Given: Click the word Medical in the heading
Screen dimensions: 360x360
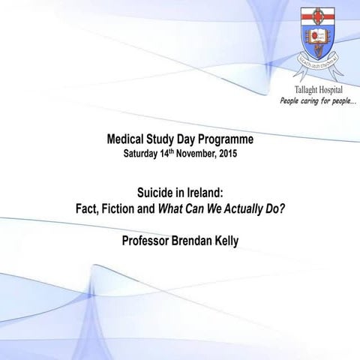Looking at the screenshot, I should coord(130,139).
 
